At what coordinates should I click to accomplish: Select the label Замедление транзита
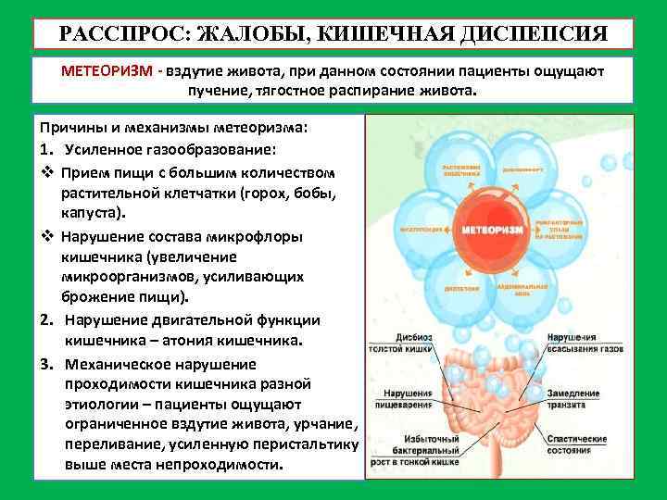point(573,398)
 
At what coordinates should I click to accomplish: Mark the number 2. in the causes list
point(44,319)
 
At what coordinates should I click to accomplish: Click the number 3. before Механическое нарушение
point(44,362)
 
